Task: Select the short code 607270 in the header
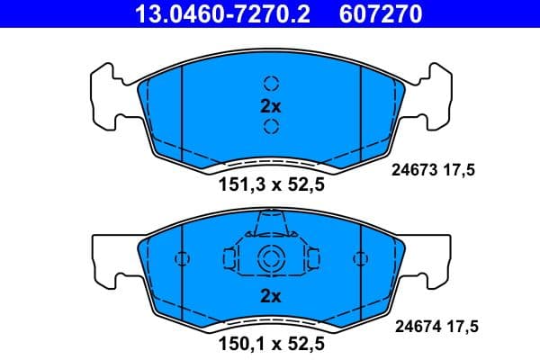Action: pyautogui.click(x=379, y=14)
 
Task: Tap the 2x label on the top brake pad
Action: pyautogui.click(x=271, y=106)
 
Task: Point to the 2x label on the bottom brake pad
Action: pyautogui.click(x=271, y=295)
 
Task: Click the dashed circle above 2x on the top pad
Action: pyautogui.click(x=271, y=84)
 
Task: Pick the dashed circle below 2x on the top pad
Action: pyautogui.click(x=271, y=127)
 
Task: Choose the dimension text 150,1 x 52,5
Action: pyautogui.click(x=271, y=343)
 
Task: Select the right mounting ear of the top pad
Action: pyautogui.click(x=432, y=94)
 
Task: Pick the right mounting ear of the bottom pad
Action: pyautogui.click(x=432, y=256)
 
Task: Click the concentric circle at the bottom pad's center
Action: pyautogui.click(x=271, y=259)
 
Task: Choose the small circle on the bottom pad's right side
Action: pyautogui.click(x=360, y=259)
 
